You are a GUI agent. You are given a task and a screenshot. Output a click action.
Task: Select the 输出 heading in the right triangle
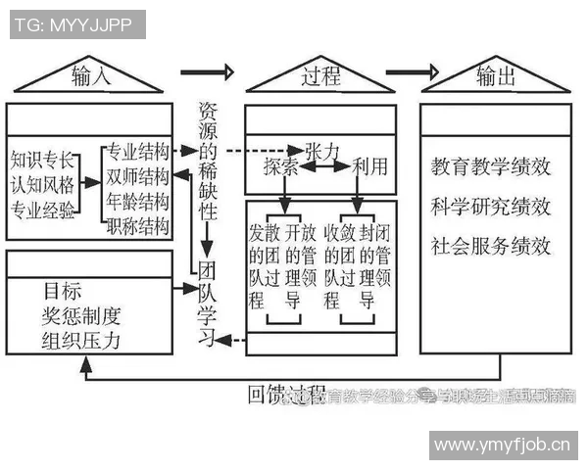[x=496, y=76]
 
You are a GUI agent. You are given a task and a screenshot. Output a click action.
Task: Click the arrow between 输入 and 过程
[x=208, y=71]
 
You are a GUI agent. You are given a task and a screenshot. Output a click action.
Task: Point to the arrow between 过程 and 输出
[x=411, y=71]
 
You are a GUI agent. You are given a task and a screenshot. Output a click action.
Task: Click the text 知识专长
[x=40, y=159]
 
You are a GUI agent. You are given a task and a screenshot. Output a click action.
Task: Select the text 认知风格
[x=40, y=183]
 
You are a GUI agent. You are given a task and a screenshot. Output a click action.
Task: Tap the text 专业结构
[x=137, y=153]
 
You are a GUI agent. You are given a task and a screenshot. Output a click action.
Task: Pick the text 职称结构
[x=137, y=227]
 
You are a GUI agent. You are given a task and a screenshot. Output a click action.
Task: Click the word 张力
[x=322, y=150]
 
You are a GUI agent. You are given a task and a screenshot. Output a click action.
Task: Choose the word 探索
[x=280, y=168]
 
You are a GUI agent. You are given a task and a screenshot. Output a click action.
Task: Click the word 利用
[x=369, y=168]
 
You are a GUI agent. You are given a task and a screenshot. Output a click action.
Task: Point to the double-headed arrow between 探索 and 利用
[x=324, y=168]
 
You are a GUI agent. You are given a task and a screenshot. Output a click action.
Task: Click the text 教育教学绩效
[x=490, y=166]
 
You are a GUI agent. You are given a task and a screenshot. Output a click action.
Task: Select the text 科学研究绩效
[x=490, y=207]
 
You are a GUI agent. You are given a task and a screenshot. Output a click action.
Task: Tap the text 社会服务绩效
[x=490, y=246]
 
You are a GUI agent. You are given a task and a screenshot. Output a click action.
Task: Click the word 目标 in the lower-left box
[x=63, y=291]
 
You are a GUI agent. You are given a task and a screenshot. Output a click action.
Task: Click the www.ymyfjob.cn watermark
[x=501, y=446]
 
